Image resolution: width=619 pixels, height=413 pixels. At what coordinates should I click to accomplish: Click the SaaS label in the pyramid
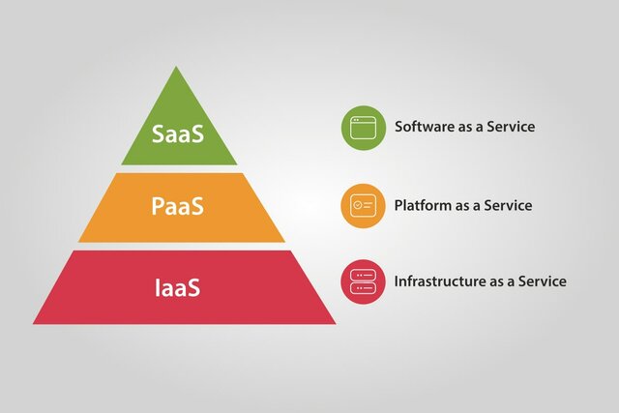pos(178,133)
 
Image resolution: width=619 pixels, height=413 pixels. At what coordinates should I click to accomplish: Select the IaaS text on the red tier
pos(180,285)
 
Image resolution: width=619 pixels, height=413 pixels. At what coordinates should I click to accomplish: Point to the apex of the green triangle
pos(176,68)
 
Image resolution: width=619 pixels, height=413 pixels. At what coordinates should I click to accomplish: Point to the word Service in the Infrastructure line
pos(542,281)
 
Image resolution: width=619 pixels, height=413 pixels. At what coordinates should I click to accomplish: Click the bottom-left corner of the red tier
pos(33,323)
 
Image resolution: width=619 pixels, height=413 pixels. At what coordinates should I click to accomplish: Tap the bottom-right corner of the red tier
pos(336,323)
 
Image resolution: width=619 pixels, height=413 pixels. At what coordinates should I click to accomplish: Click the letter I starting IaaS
pos(158,285)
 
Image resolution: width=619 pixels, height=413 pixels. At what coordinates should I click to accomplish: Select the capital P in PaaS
pos(158,206)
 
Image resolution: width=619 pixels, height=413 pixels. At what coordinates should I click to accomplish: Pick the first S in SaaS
pos(160,133)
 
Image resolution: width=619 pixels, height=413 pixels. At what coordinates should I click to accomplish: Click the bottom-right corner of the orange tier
pos(285,241)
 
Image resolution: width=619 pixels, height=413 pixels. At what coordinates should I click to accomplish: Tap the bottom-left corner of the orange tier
pos(78,241)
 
